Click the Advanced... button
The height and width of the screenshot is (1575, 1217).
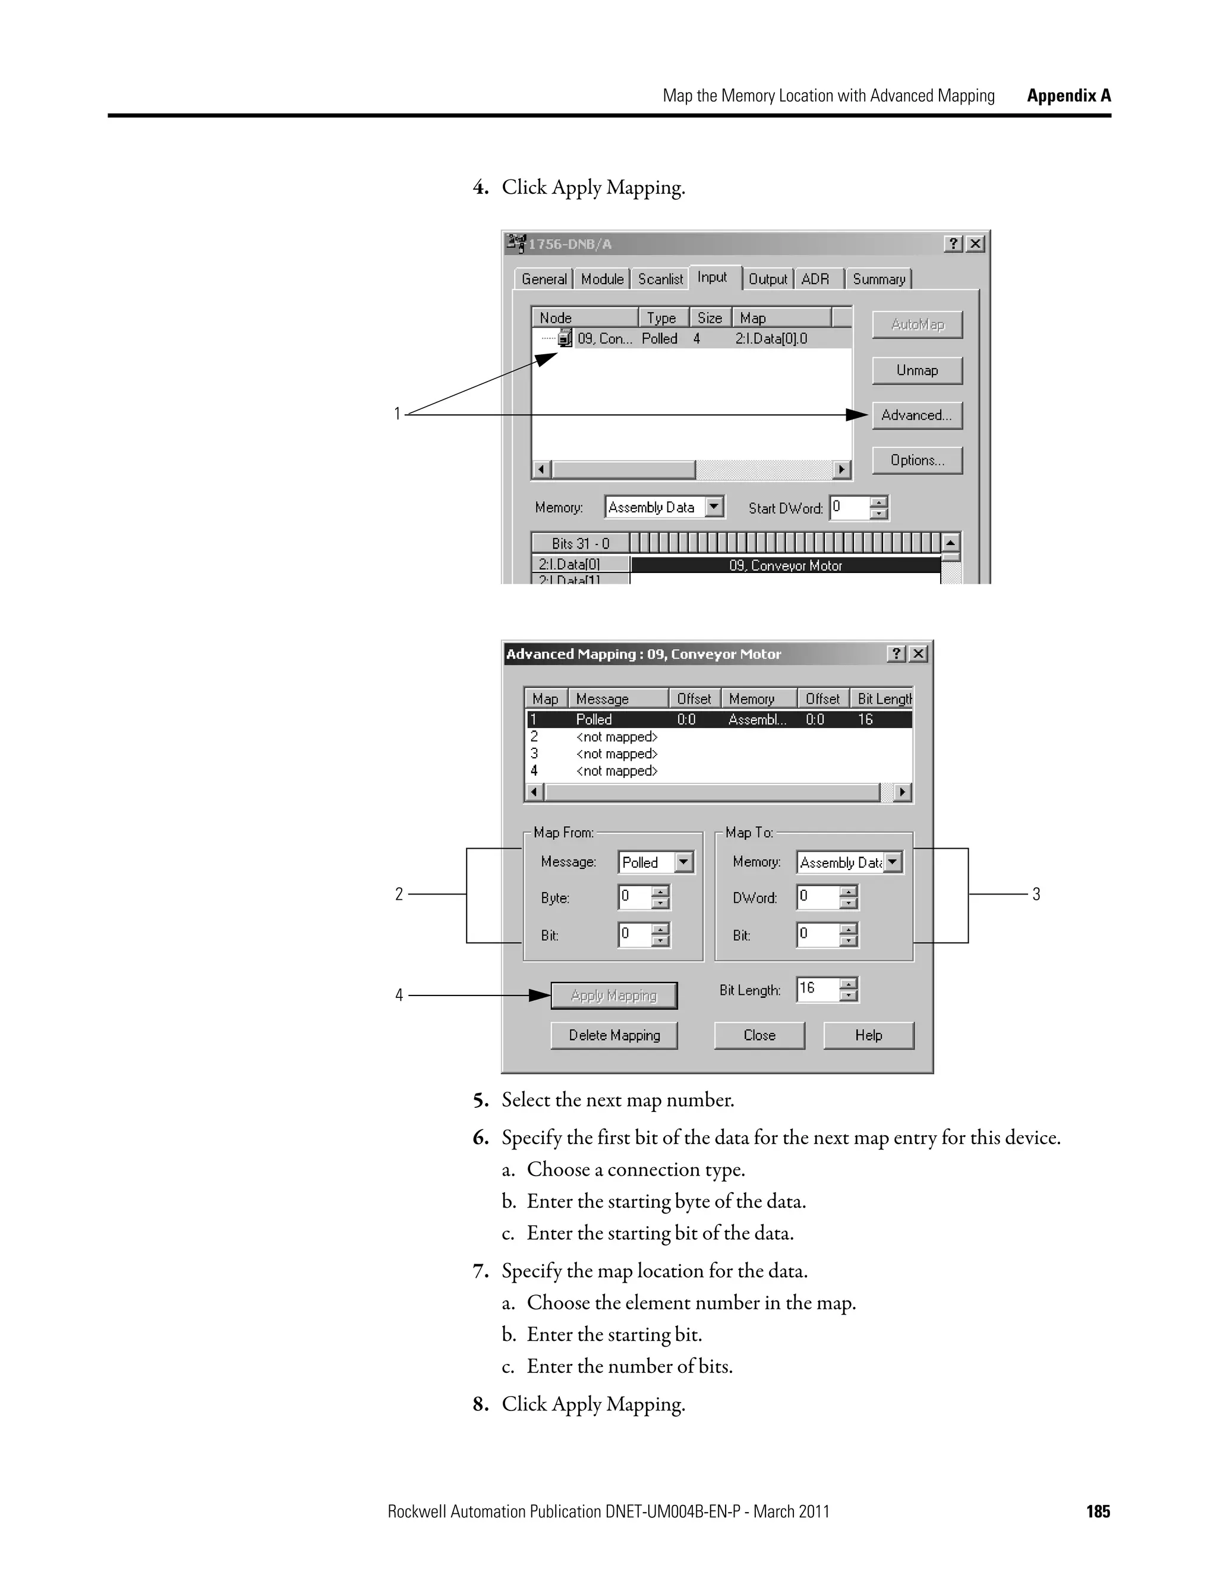[x=916, y=415]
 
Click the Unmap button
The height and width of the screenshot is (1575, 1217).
[x=916, y=371]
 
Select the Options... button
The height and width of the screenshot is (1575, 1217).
[x=916, y=460]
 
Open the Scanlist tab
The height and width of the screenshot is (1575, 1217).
[x=660, y=279]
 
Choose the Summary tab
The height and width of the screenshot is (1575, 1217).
[x=878, y=279]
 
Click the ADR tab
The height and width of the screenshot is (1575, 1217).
[x=815, y=279]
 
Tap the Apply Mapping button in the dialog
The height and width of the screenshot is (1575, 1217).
[x=613, y=996]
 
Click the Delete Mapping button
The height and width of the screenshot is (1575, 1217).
[x=613, y=1035]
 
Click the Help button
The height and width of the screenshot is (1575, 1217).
[x=868, y=1035]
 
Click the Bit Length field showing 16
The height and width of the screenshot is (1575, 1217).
[x=818, y=989]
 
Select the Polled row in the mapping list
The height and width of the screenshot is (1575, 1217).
[x=717, y=720]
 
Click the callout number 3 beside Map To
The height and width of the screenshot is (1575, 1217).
[x=1036, y=895]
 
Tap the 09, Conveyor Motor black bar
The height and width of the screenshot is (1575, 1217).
[x=785, y=565]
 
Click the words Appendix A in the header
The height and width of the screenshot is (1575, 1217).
[x=1068, y=96]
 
